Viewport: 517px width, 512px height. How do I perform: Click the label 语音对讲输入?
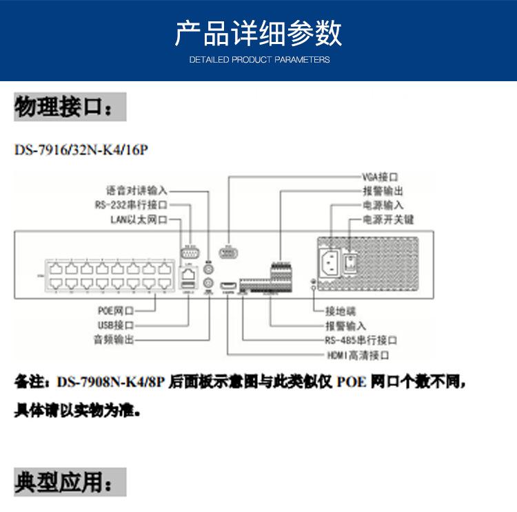pyautogui.click(x=136, y=190)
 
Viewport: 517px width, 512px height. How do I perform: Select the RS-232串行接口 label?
pyautogui.click(x=130, y=205)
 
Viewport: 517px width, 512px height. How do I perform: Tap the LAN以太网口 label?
pyautogui.click(x=139, y=220)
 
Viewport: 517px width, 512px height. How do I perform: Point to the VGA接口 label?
pyautogui.click(x=381, y=177)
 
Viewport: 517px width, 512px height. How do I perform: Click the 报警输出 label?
pyautogui.click(x=383, y=191)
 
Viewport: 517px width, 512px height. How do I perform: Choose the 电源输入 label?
pyautogui.click(x=383, y=205)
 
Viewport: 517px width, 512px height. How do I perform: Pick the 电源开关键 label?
pyautogui.click(x=387, y=220)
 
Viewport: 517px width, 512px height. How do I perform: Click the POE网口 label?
pyautogui.click(x=114, y=311)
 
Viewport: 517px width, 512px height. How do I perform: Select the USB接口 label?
pyautogui.click(x=114, y=325)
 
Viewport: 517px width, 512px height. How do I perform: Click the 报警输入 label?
pyautogui.click(x=345, y=326)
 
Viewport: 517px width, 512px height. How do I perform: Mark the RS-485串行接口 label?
pyautogui.click(x=361, y=340)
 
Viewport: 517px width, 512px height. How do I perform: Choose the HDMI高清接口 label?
pyautogui.click(x=358, y=355)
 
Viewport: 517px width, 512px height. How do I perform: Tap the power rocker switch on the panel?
pyautogui.click(x=352, y=262)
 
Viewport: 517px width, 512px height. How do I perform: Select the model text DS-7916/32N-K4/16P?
pyautogui.click(x=81, y=149)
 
